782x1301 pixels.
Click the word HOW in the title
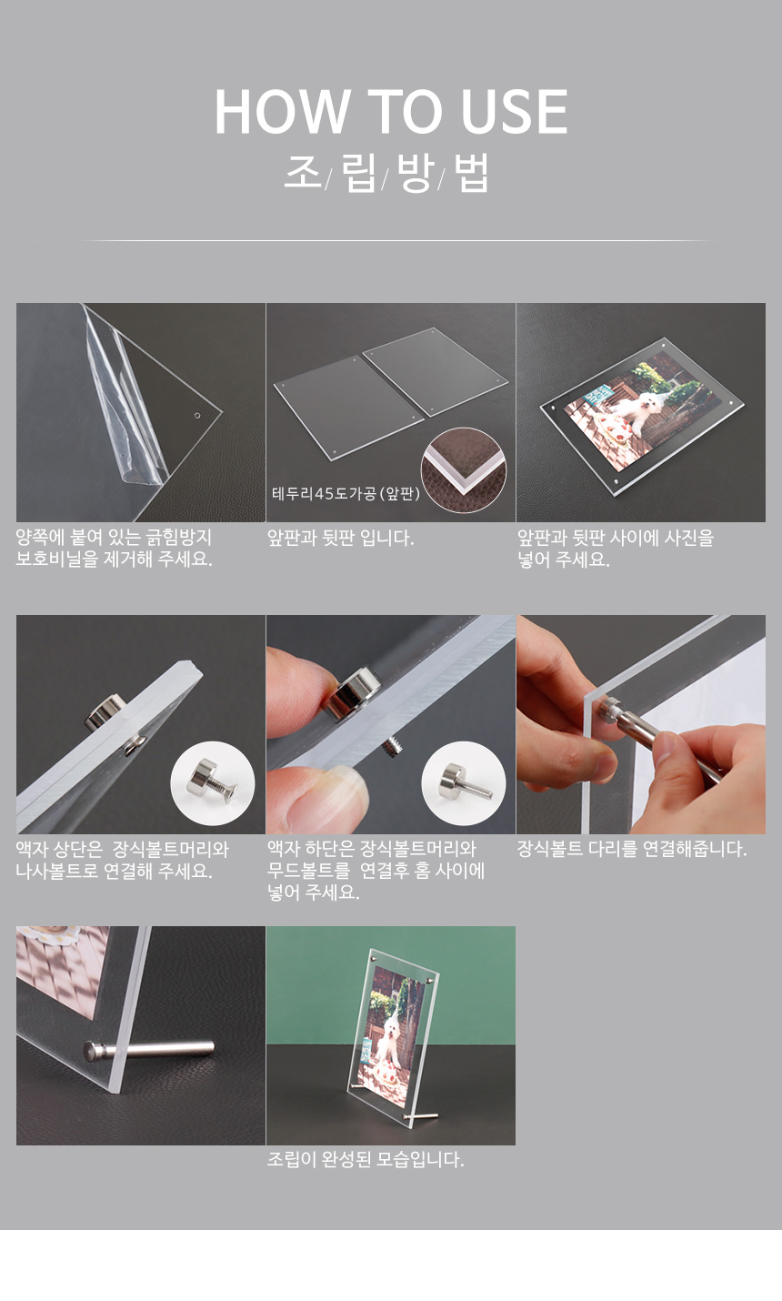(282, 112)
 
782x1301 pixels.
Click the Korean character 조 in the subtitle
(302, 172)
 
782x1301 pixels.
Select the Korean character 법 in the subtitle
(471, 173)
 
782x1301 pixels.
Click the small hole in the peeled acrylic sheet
(196, 416)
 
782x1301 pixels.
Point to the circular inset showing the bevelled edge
(463, 470)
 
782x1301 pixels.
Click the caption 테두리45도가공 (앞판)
(346, 494)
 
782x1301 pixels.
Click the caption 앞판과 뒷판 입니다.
(340, 538)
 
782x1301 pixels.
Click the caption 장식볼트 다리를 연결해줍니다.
(632, 849)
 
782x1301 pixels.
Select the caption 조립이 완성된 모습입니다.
(366, 1160)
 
